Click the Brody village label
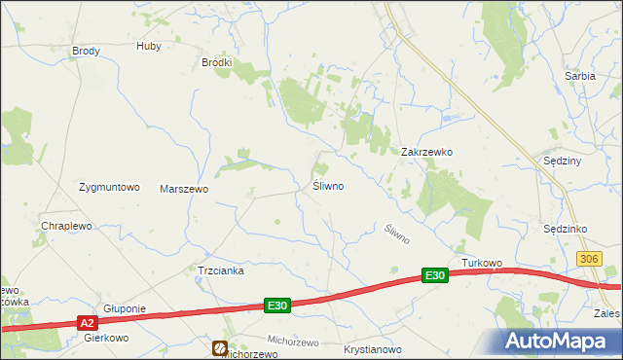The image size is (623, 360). point(87,51)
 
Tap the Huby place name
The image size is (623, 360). point(149,46)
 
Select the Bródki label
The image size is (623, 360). point(216,62)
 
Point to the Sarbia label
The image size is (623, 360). point(580,75)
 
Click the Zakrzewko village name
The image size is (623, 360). point(427,153)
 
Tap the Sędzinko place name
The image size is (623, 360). point(564,229)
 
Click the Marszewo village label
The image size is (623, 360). point(184,189)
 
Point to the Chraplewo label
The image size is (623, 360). point(66,226)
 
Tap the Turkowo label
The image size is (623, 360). point(481,264)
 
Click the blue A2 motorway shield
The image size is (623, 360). point(87,323)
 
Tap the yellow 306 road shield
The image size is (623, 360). point(588,258)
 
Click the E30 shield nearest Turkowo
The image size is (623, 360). point(435,276)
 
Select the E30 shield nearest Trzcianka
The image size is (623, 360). point(277,306)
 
